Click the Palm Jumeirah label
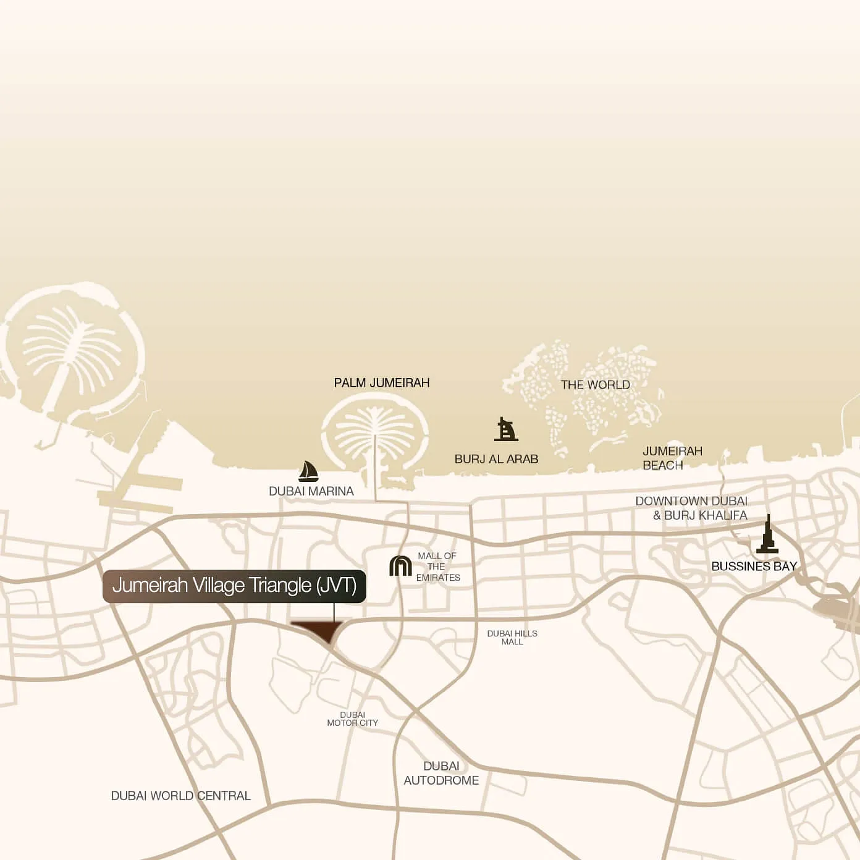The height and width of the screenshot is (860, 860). click(x=381, y=383)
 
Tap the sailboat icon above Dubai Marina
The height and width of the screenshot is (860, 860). click(x=308, y=471)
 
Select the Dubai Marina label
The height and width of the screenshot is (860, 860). click(x=311, y=492)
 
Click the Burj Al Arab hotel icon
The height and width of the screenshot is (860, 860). click(x=505, y=429)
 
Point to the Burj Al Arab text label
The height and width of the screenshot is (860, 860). click(x=496, y=459)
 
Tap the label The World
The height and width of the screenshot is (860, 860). click(x=595, y=385)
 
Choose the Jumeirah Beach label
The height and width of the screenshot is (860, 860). click(x=672, y=458)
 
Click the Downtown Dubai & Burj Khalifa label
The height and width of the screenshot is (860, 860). click(x=691, y=508)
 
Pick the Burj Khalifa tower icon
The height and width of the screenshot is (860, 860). click(x=767, y=535)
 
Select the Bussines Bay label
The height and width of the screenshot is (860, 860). click(x=754, y=567)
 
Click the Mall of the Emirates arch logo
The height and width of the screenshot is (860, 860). click(x=400, y=566)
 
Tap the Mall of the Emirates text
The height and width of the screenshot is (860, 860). click(x=437, y=567)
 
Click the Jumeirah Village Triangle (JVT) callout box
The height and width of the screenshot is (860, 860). click(x=234, y=586)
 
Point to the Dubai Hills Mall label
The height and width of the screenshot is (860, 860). click(x=512, y=638)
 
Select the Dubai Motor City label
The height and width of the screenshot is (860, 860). click(x=352, y=719)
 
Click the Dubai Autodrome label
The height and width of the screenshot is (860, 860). click(x=441, y=774)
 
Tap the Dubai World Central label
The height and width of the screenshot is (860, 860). click(x=180, y=796)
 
